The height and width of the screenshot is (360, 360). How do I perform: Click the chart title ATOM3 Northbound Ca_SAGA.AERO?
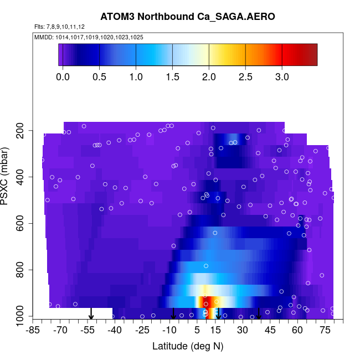point(187,17)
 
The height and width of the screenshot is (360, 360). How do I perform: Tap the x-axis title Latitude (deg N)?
point(187,346)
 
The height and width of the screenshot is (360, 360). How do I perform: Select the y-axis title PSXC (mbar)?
point(6,176)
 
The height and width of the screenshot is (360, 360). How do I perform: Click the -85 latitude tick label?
point(34,331)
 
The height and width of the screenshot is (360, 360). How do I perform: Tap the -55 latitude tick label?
point(88,331)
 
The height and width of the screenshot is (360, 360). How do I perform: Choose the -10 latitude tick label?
point(169,331)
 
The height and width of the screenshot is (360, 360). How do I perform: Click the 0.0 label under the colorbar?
point(63,77)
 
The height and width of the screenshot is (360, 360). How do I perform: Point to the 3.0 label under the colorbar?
point(282,77)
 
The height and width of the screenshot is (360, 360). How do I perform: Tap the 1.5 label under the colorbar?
point(173,77)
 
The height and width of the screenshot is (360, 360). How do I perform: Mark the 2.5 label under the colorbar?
point(245,77)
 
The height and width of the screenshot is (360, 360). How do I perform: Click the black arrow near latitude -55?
point(91,314)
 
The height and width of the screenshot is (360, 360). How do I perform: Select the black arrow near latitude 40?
point(259,314)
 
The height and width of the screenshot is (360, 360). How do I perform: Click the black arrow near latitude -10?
point(173,314)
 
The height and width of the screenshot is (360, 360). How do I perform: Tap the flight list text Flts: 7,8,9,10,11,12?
point(59,27)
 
